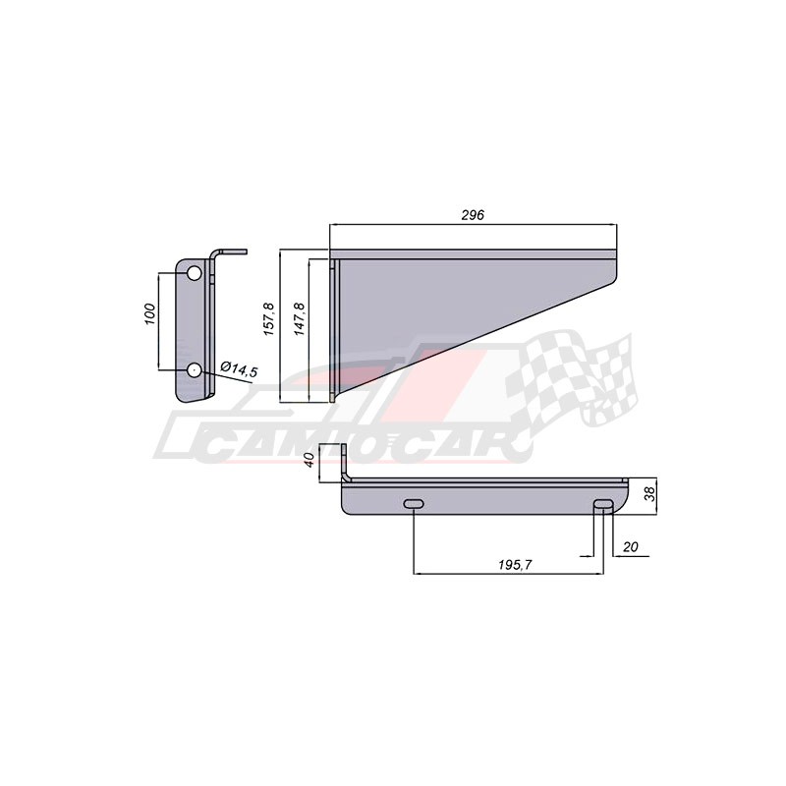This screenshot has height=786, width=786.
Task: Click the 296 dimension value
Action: point(473,215)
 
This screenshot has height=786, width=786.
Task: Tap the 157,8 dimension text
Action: point(268,318)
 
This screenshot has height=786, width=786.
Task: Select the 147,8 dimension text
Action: point(300,318)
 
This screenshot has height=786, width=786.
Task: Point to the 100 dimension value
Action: point(150,314)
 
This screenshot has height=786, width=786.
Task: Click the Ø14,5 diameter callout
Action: point(239,369)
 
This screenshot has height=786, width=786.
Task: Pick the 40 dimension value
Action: point(309,460)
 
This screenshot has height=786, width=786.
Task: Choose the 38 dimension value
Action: point(649,495)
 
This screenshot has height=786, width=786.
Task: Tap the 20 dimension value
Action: point(631,546)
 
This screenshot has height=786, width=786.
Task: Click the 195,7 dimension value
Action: point(515,564)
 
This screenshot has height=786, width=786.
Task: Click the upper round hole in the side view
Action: point(194,274)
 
